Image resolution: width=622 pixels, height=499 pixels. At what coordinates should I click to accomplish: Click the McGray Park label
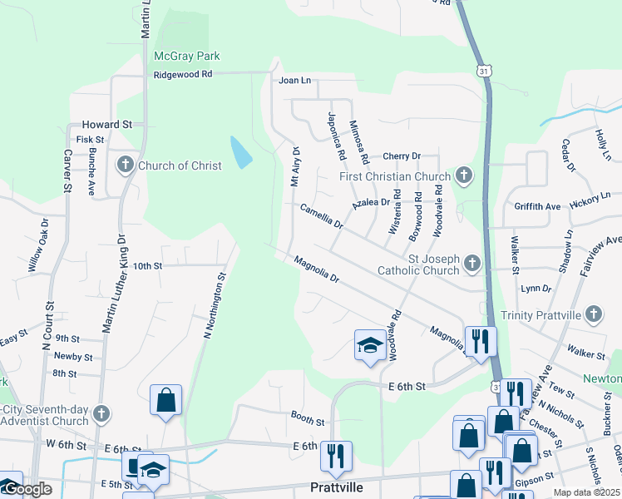(187, 57)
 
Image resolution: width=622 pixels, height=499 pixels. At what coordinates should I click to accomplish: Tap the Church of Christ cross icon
(126, 165)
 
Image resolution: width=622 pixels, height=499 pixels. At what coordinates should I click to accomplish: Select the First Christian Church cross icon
(464, 175)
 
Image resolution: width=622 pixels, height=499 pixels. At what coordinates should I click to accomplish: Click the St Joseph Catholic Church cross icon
(472, 264)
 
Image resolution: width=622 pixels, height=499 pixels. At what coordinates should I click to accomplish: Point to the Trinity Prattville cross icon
(593, 314)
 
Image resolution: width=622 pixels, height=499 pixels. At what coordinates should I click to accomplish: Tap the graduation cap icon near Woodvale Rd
(369, 344)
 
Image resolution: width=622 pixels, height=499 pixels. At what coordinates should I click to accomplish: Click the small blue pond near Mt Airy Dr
(239, 151)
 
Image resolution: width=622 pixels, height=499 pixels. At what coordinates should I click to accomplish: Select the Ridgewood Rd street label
(183, 74)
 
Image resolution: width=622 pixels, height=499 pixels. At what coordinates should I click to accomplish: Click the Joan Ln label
(294, 81)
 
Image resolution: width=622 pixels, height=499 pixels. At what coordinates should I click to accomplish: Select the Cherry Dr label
(402, 156)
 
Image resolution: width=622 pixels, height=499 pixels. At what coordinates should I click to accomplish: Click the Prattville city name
(336, 487)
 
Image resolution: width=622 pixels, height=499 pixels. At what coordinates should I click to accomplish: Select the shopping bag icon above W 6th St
(166, 399)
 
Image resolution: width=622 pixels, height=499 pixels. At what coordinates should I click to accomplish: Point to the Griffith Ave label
(537, 206)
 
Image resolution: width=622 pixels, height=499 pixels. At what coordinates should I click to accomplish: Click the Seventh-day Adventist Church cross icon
(101, 413)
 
